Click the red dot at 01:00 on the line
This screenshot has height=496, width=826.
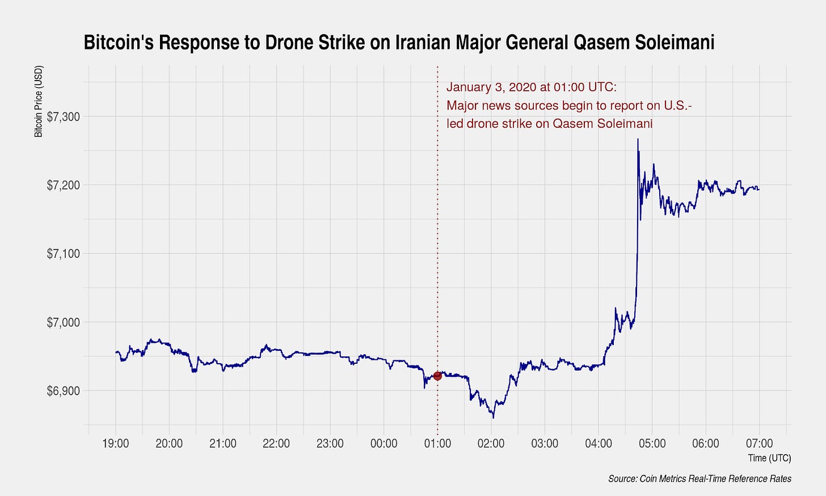(437, 376)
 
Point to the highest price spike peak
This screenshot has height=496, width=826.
(638, 139)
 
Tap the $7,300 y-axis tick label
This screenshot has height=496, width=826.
(63, 117)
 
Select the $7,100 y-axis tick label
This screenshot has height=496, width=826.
(63, 254)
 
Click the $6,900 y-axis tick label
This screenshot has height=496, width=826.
(63, 391)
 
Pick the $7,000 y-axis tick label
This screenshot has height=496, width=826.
(63, 322)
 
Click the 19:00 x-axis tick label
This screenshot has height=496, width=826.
(116, 443)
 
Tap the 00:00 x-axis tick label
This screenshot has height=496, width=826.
(384, 443)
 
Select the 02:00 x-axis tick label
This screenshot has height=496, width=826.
(491, 443)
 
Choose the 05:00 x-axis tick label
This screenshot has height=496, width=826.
(652, 443)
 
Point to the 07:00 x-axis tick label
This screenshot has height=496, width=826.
(760, 443)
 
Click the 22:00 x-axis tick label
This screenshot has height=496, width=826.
(276, 443)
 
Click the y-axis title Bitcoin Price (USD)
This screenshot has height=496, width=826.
(39, 102)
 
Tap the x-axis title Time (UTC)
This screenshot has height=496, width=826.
(769, 458)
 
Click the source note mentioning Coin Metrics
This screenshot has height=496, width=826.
(699, 479)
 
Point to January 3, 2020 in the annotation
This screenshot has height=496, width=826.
(491, 87)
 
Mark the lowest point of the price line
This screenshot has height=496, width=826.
(493, 418)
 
